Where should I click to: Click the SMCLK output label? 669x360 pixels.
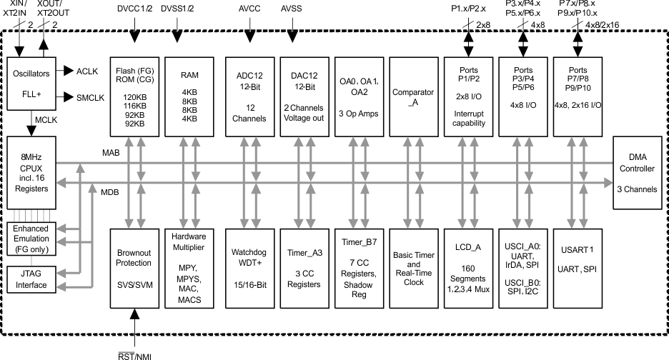coord(90,96)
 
